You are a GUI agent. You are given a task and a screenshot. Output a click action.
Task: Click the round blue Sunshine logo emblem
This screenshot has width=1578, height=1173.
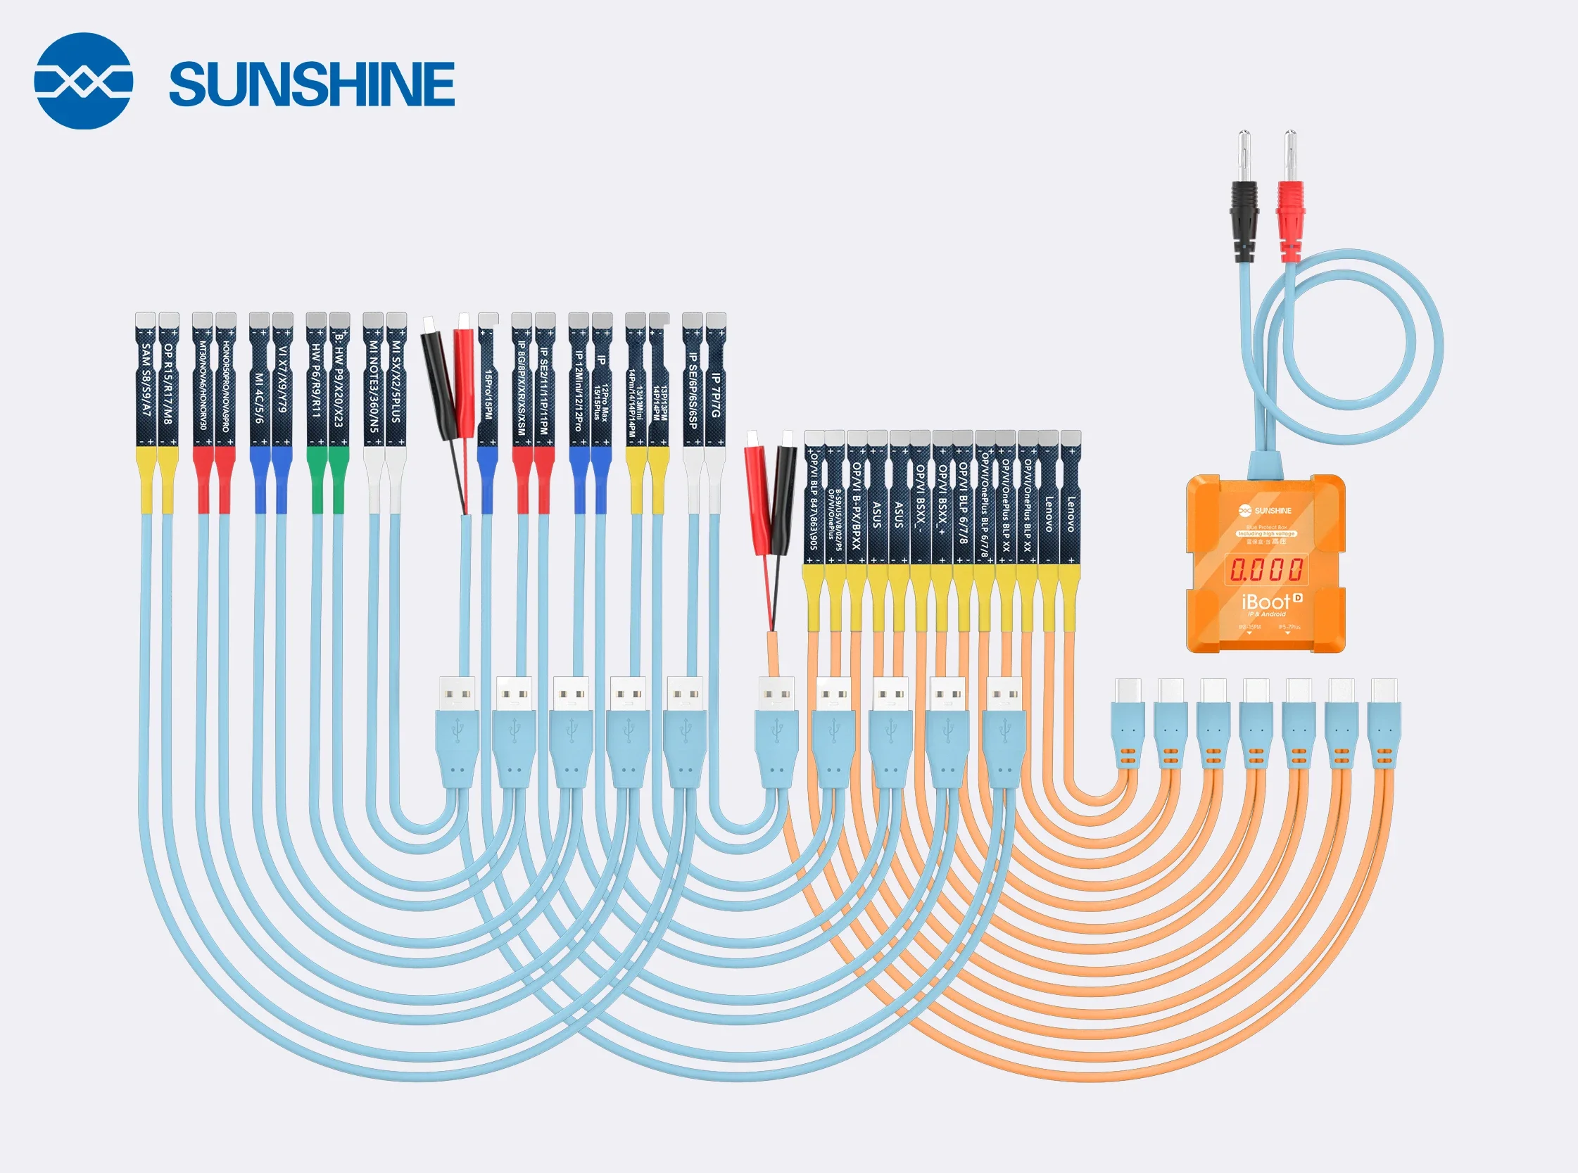point(83,81)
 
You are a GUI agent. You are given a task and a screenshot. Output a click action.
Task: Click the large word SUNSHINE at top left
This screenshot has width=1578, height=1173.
point(312,84)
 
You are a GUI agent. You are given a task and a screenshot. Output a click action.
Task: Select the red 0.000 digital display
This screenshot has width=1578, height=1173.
point(1266,569)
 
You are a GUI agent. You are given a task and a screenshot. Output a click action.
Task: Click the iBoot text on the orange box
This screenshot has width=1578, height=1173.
point(1265,602)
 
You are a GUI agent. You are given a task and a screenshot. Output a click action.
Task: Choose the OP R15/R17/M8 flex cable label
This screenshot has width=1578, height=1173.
point(168,383)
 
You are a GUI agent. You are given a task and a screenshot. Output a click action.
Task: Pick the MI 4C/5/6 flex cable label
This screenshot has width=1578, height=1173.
point(259,398)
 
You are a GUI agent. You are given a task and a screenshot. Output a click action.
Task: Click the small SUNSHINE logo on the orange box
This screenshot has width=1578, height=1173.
point(1265,511)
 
